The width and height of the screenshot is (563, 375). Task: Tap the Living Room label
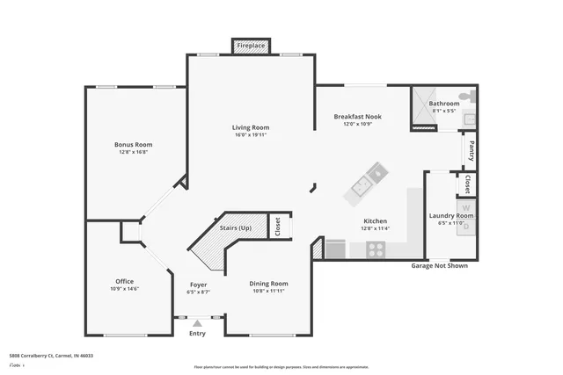pyautogui.click(x=250, y=127)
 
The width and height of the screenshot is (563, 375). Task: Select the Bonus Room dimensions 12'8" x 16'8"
pyautogui.click(x=133, y=152)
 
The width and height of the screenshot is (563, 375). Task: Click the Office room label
pyautogui.click(x=124, y=281)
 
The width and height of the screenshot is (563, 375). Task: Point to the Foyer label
pyautogui.click(x=198, y=285)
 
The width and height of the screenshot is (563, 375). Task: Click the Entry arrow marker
pyautogui.click(x=197, y=323)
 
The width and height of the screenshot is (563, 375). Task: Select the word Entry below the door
pyautogui.click(x=197, y=333)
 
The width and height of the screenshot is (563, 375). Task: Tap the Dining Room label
pyautogui.click(x=268, y=284)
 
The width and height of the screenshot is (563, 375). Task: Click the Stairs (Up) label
pyautogui.click(x=235, y=227)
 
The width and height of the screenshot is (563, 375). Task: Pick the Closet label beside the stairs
pyautogui.click(x=276, y=227)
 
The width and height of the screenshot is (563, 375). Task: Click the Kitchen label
pyautogui.click(x=376, y=221)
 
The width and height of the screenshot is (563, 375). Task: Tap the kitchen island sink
pyautogui.click(x=362, y=185)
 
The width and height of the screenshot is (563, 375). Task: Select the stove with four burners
pyautogui.click(x=376, y=249)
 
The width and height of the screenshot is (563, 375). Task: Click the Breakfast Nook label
pyautogui.click(x=356, y=117)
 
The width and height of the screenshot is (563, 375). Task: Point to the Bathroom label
pyautogui.click(x=443, y=104)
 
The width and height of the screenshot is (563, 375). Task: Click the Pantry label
pyautogui.click(x=472, y=150)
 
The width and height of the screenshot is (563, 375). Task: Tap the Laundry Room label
pyautogui.click(x=450, y=215)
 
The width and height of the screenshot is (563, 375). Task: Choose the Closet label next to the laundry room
pyautogui.click(x=468, y=185)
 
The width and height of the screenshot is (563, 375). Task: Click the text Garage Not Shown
pyautogui.click(x=439, y=266)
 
